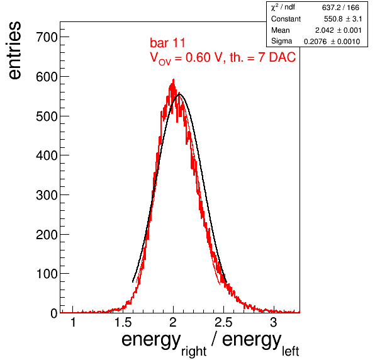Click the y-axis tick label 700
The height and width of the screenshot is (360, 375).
click(x=47, y=37)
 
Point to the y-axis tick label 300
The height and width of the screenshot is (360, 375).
click(x=47, y=195)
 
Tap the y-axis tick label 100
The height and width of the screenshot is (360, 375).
click(x=47, y=274)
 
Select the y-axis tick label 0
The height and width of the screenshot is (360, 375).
click(x=54, y=313)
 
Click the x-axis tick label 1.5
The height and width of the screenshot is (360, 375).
click(x=123, y=323)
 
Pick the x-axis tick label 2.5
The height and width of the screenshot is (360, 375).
click(x=223, y=323)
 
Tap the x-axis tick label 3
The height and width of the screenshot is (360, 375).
click(x=273, y=323)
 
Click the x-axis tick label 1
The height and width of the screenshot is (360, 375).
click(x=73, y=323)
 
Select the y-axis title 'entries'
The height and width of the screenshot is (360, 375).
click(x=14, y=50)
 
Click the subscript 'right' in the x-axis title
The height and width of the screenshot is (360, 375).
click(x=194, y=351)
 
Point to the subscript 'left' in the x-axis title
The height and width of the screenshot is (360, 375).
click(x=290, y=351)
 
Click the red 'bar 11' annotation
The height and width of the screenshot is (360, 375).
click(x=167, y=43)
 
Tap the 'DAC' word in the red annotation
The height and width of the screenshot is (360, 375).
click(x=283, y=57)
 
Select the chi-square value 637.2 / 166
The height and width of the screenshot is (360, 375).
click(x=340, y=8)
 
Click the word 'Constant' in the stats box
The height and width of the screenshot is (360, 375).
click(x=286, y=19)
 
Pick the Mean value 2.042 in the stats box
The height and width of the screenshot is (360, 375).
click(x=324, y=30)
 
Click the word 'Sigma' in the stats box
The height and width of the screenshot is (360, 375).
click(x=281, y=42)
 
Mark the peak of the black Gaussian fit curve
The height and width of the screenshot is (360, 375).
click(x=179, y=94)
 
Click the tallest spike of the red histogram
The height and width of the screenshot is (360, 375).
click(x=174, y=79)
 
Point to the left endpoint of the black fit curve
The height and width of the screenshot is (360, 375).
click(x=133, y=282)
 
